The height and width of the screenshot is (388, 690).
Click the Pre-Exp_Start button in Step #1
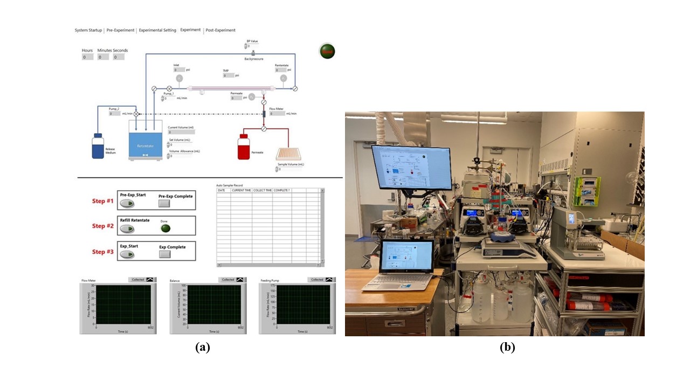pyautogui.click(x=127, y=204)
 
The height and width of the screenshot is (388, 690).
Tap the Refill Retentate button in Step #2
pyautogui.click(x=127, y=228)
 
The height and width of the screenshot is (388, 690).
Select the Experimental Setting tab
pyautogui.click(x=157, y=30)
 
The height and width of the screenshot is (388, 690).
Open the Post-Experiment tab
pyautogui.click(x=220, y=30)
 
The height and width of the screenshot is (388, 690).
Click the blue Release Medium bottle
pyautogui.click(x=98, y=146)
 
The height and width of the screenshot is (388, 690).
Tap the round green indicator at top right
pyautogui.click(x=327, y=51)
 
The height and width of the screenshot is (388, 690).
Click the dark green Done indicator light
pyautogui.click(x=165, y=228)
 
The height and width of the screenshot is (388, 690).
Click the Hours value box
pyautogui.click(x=87, y=57)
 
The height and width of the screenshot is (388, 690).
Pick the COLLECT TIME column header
pyautogui.click(x=262, y=190)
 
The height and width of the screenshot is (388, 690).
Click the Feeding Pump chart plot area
pyautogui.click(x=302, y=304)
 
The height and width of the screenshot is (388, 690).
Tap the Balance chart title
pyautogui.click(x=175, y=281)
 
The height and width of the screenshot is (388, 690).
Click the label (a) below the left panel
pyautogui.click(x=202, y=348)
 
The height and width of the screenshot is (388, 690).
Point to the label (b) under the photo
pyautogui.click(x=507, y=348)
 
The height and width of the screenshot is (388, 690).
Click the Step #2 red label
pyautogui.click(x=102, y=226)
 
